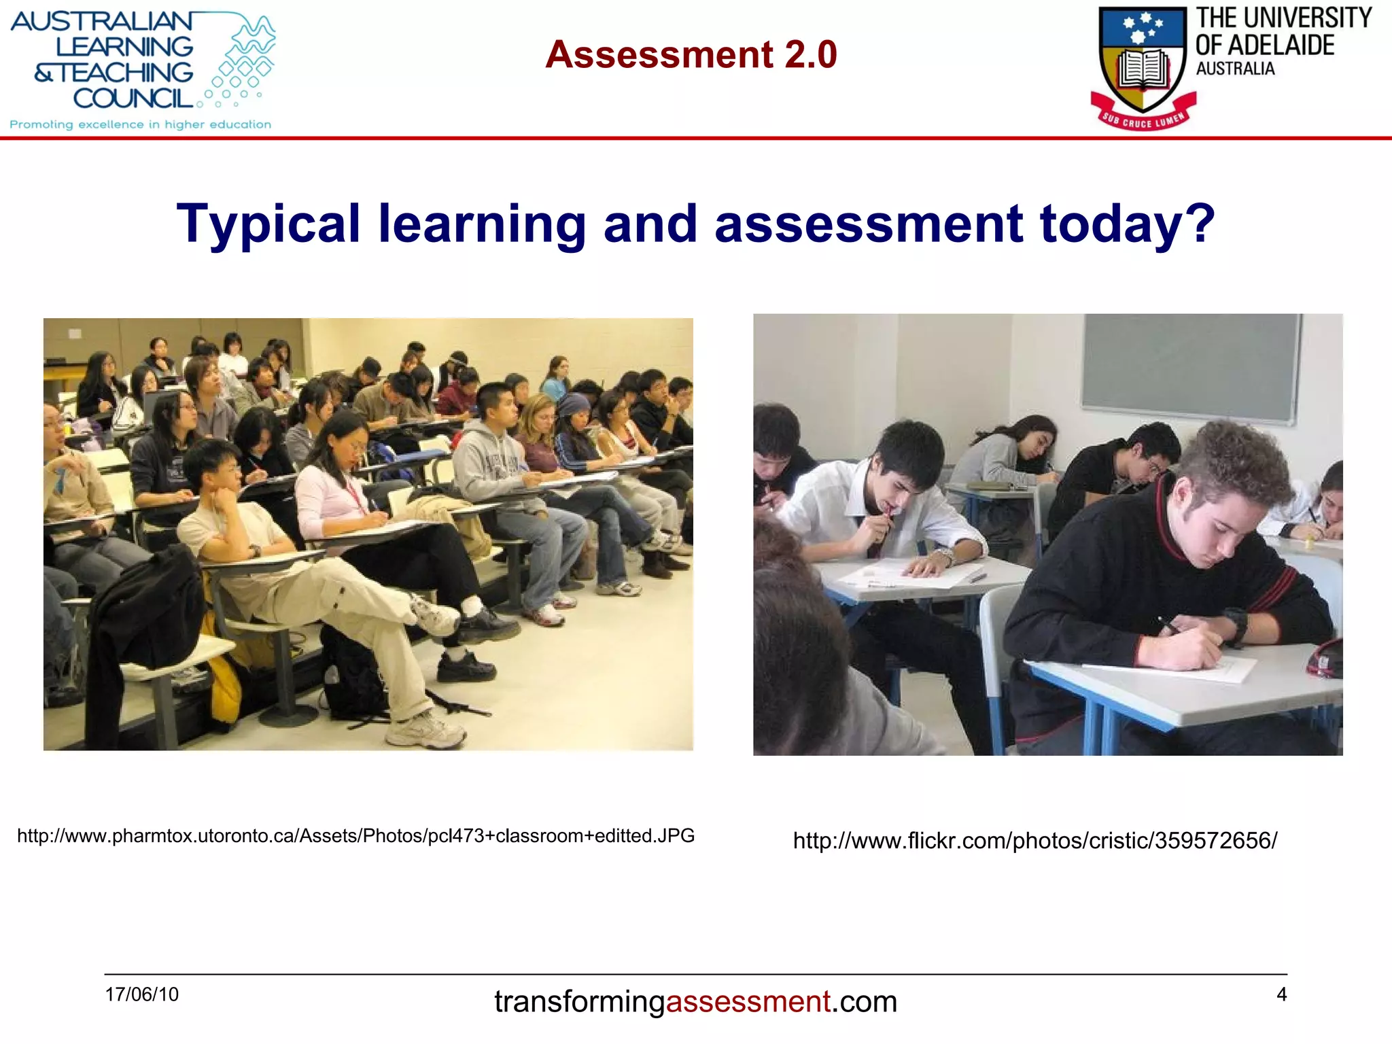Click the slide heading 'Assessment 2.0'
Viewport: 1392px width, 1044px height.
(691, 54)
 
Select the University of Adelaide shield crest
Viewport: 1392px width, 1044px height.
(1143, 61)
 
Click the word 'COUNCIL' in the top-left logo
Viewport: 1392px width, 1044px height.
(133, 99)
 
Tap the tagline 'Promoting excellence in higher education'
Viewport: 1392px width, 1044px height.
(140, 124)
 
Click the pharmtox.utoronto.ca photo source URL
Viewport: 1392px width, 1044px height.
(355, 835)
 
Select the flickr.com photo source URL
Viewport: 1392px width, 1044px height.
(1034, 841)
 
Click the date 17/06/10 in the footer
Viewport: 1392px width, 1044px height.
(141, 994)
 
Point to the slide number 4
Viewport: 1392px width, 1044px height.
(1281, 994)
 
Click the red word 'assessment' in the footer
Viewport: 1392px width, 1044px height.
(748, 1002)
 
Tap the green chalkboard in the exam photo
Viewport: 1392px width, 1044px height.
(1189, 367)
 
